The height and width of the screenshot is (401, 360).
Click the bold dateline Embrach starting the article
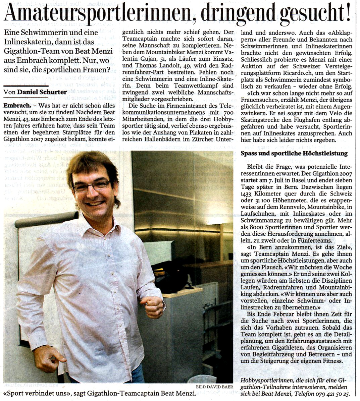(16, 105)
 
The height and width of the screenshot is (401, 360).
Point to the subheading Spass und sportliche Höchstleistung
(294, 154)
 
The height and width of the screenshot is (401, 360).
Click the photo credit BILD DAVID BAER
(214, 387)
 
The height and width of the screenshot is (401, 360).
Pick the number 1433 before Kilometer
(246, 194)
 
